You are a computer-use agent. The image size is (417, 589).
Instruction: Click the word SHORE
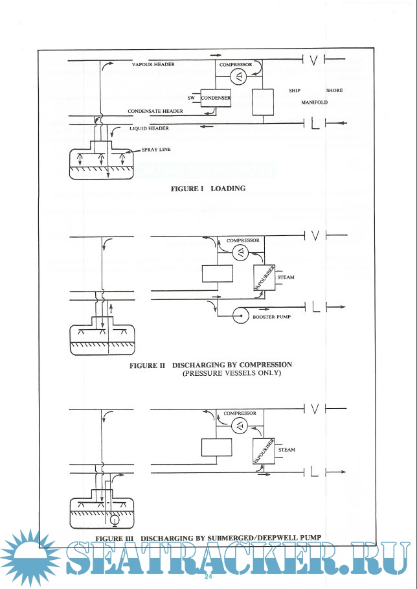pyautogui.click(x=334, y=91)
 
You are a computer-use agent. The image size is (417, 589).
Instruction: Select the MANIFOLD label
pyautogui.click(x=315, y=102)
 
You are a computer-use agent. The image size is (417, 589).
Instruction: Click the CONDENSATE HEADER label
pyautogui.click(x=155, y=111)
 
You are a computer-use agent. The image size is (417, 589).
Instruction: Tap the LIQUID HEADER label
pyautogui.click(x=149, y=128)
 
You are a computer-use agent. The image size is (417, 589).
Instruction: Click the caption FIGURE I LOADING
pyautogui.click(x=208, y=189)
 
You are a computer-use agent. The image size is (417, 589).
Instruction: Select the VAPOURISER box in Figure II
pyautogui.click(x=262, y=277)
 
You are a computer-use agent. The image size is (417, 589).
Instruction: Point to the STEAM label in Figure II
pyautogui.click(x=286, y=277)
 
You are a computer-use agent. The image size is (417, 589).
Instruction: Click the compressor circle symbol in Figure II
pyautogui.click(x=239, y=253)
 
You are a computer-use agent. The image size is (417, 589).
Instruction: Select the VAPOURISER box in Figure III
pyautogui.click(x=262, y=449)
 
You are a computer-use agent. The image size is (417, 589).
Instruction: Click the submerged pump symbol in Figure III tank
pyautogui.click(x=115, y=519)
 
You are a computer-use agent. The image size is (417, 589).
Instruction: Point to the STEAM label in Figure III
pyautogui.click(x=286, y=449)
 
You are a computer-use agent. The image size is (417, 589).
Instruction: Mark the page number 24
pyautogui.click(x=208, y=577)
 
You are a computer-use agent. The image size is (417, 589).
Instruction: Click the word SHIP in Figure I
pyautogui.click(x=294, y=91)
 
